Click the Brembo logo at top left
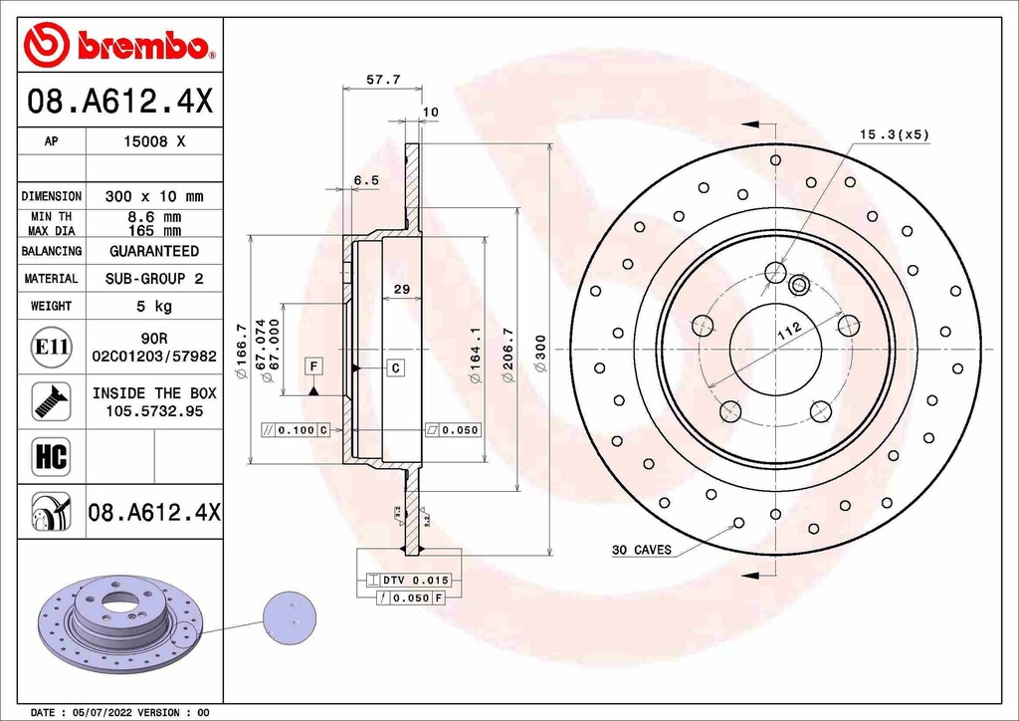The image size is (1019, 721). (x=119, y=45)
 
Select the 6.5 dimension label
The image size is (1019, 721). (x=367, y=180)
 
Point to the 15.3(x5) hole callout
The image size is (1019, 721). (x=894, y=133)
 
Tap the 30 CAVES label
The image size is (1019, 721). (x=641, y=550)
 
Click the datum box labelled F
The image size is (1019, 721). (x=312, y=366)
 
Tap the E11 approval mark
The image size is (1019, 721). (x=51, y=347)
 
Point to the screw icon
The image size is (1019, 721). (x=51, y=401)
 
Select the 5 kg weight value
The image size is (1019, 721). (x=153, y=306)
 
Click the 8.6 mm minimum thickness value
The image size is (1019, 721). (x=153, y=216)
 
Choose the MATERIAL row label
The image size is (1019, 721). (x=51, y=279)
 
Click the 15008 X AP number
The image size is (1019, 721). (x=153, y=141)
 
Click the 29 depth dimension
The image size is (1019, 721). (x=402, y=290)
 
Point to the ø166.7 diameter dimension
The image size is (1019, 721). (x=240, y=350)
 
